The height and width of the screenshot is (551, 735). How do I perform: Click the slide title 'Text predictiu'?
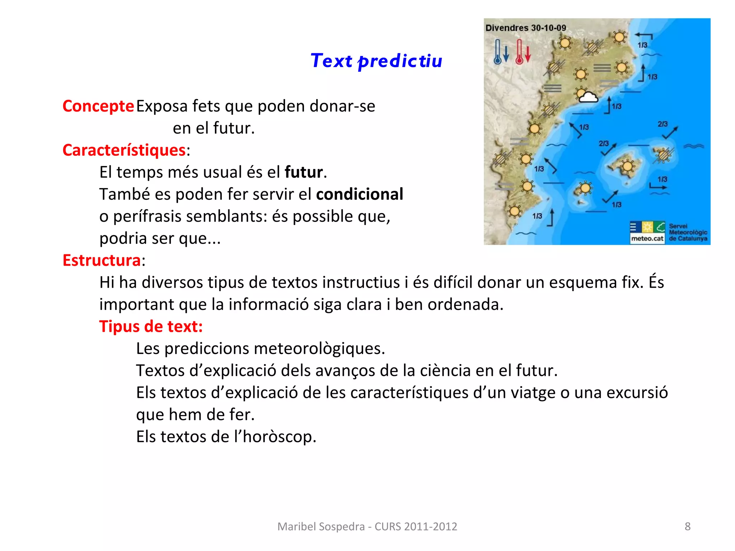point(376,61)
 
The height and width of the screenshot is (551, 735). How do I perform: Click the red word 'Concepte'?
point(98,106)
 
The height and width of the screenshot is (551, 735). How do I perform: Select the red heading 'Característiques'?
point(124,150)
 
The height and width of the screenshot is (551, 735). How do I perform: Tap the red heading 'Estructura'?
point(102,260)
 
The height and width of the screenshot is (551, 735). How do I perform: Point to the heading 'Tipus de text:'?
point(151,326)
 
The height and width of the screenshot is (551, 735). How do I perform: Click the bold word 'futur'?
point(304,172)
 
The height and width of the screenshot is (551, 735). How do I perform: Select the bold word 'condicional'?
point(360,194)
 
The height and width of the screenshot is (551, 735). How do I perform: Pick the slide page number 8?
point(688,526)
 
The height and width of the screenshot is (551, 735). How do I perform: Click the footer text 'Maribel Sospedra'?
point(321,526)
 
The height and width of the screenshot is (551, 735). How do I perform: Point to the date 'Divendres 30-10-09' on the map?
point(525,28)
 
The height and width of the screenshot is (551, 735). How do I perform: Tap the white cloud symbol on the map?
point(587,96)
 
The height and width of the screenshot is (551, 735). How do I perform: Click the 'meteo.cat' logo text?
point(647,239)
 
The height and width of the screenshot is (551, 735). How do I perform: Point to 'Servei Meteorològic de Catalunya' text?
point(688,232)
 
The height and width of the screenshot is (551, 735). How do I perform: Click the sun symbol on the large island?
point(627,166)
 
